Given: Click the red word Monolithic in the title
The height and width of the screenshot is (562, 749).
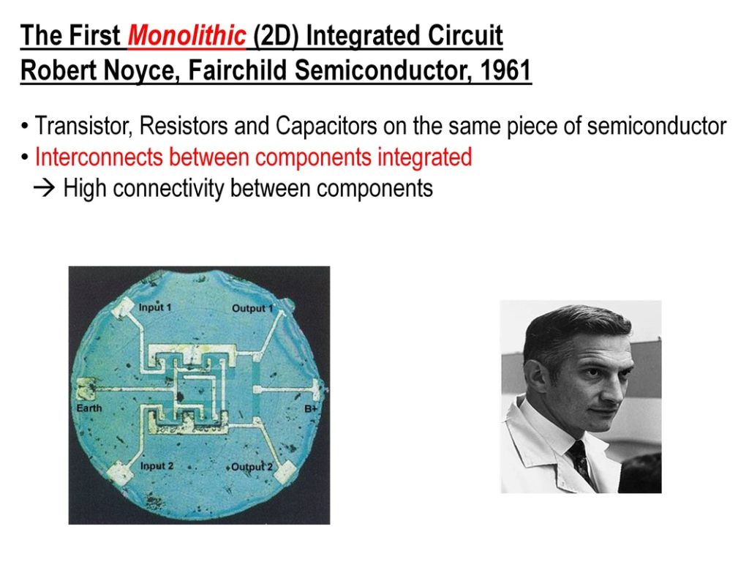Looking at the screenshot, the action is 187,35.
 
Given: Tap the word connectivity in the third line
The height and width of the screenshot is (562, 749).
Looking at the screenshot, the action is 168,188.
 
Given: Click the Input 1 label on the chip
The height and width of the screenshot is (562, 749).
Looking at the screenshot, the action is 154,307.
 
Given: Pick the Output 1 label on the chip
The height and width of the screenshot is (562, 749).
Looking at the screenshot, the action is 252,308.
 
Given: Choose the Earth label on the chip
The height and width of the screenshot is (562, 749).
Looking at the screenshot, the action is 89,408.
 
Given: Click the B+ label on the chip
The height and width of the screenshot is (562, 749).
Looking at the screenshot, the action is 311,408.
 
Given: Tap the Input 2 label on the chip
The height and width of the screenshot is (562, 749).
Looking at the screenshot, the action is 157,466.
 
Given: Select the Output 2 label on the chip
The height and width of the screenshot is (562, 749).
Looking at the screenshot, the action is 252,467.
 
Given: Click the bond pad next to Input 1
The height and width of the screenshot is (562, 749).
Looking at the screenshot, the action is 122,307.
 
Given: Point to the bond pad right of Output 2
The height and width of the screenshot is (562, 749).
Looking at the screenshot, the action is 286,471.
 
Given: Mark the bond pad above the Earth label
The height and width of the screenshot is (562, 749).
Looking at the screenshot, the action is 86,389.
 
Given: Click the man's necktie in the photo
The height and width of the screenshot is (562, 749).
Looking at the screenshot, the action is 580,461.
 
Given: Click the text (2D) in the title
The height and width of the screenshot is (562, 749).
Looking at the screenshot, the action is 276,37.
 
